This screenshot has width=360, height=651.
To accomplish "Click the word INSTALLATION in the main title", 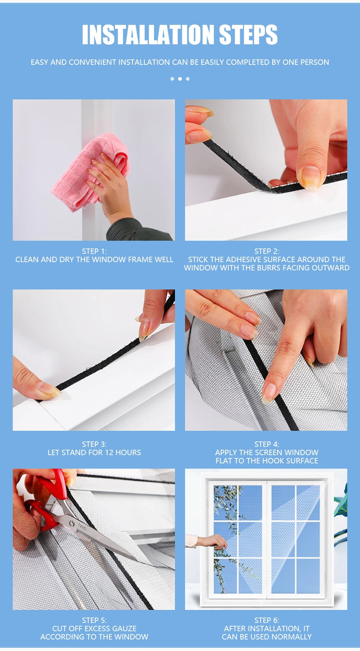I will [148, 35].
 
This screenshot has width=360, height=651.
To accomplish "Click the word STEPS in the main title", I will [248, 35].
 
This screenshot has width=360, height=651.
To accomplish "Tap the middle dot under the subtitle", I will [180, 79].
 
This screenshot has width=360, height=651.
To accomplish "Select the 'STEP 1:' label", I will [94, 251].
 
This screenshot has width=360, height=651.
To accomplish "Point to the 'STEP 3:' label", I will [94, 444].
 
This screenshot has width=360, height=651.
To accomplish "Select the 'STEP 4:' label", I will [267, 444].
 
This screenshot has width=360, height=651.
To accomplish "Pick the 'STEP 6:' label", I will [267, 620].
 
